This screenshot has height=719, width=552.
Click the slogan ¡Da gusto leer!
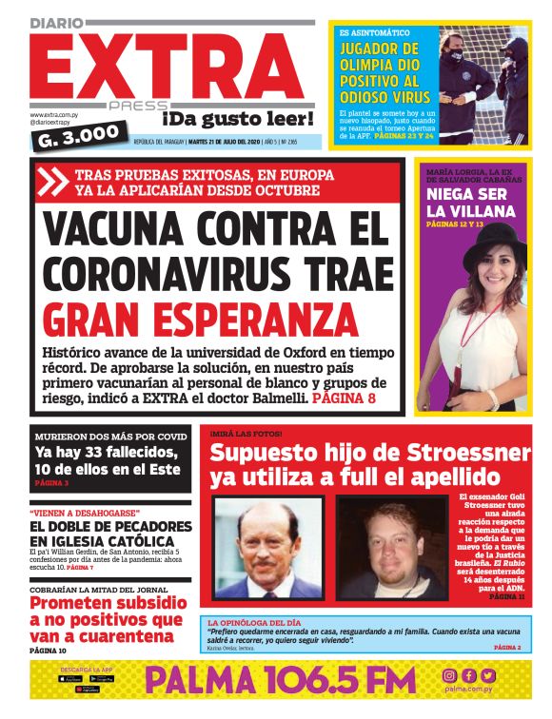(237, 120)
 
